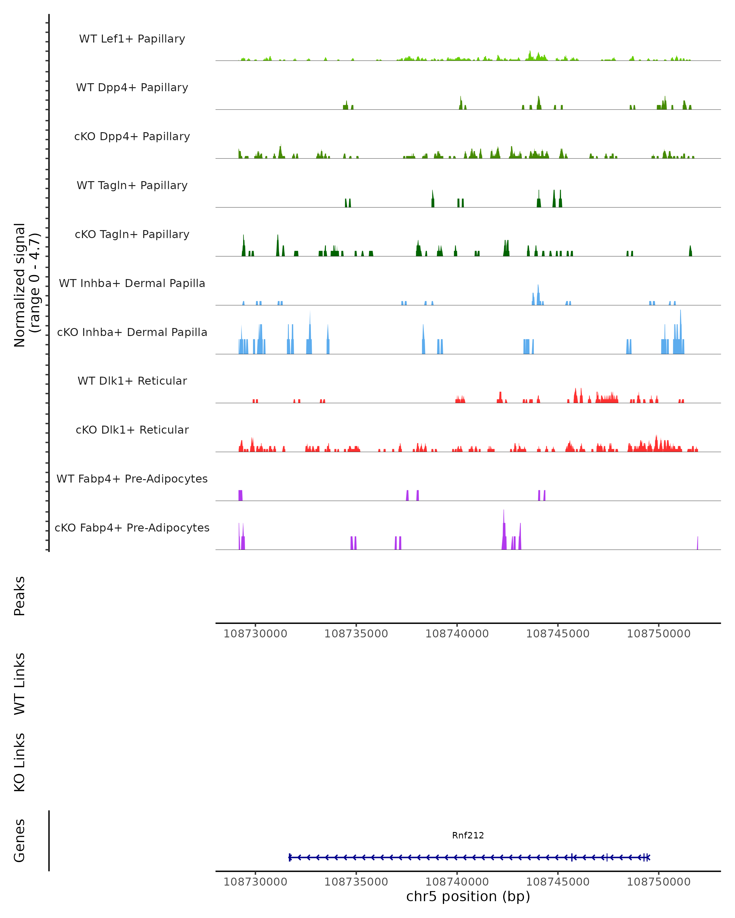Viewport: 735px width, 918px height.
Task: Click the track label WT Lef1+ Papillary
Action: [x=132, y=39]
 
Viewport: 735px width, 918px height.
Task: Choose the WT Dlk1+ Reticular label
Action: [x=132, y=381]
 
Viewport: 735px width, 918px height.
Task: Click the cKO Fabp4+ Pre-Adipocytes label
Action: [x=132, y=528]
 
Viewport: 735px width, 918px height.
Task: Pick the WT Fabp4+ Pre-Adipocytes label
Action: [x=132, y=479]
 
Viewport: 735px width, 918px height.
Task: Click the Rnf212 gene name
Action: [x=468, y=835]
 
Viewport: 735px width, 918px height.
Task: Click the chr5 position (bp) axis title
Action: [x=468, y=896]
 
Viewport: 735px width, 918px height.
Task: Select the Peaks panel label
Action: [x=20, y=596]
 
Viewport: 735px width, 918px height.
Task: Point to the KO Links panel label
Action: [x=20, y=762]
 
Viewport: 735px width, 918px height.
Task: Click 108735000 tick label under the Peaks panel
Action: [x=356, y=634]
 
